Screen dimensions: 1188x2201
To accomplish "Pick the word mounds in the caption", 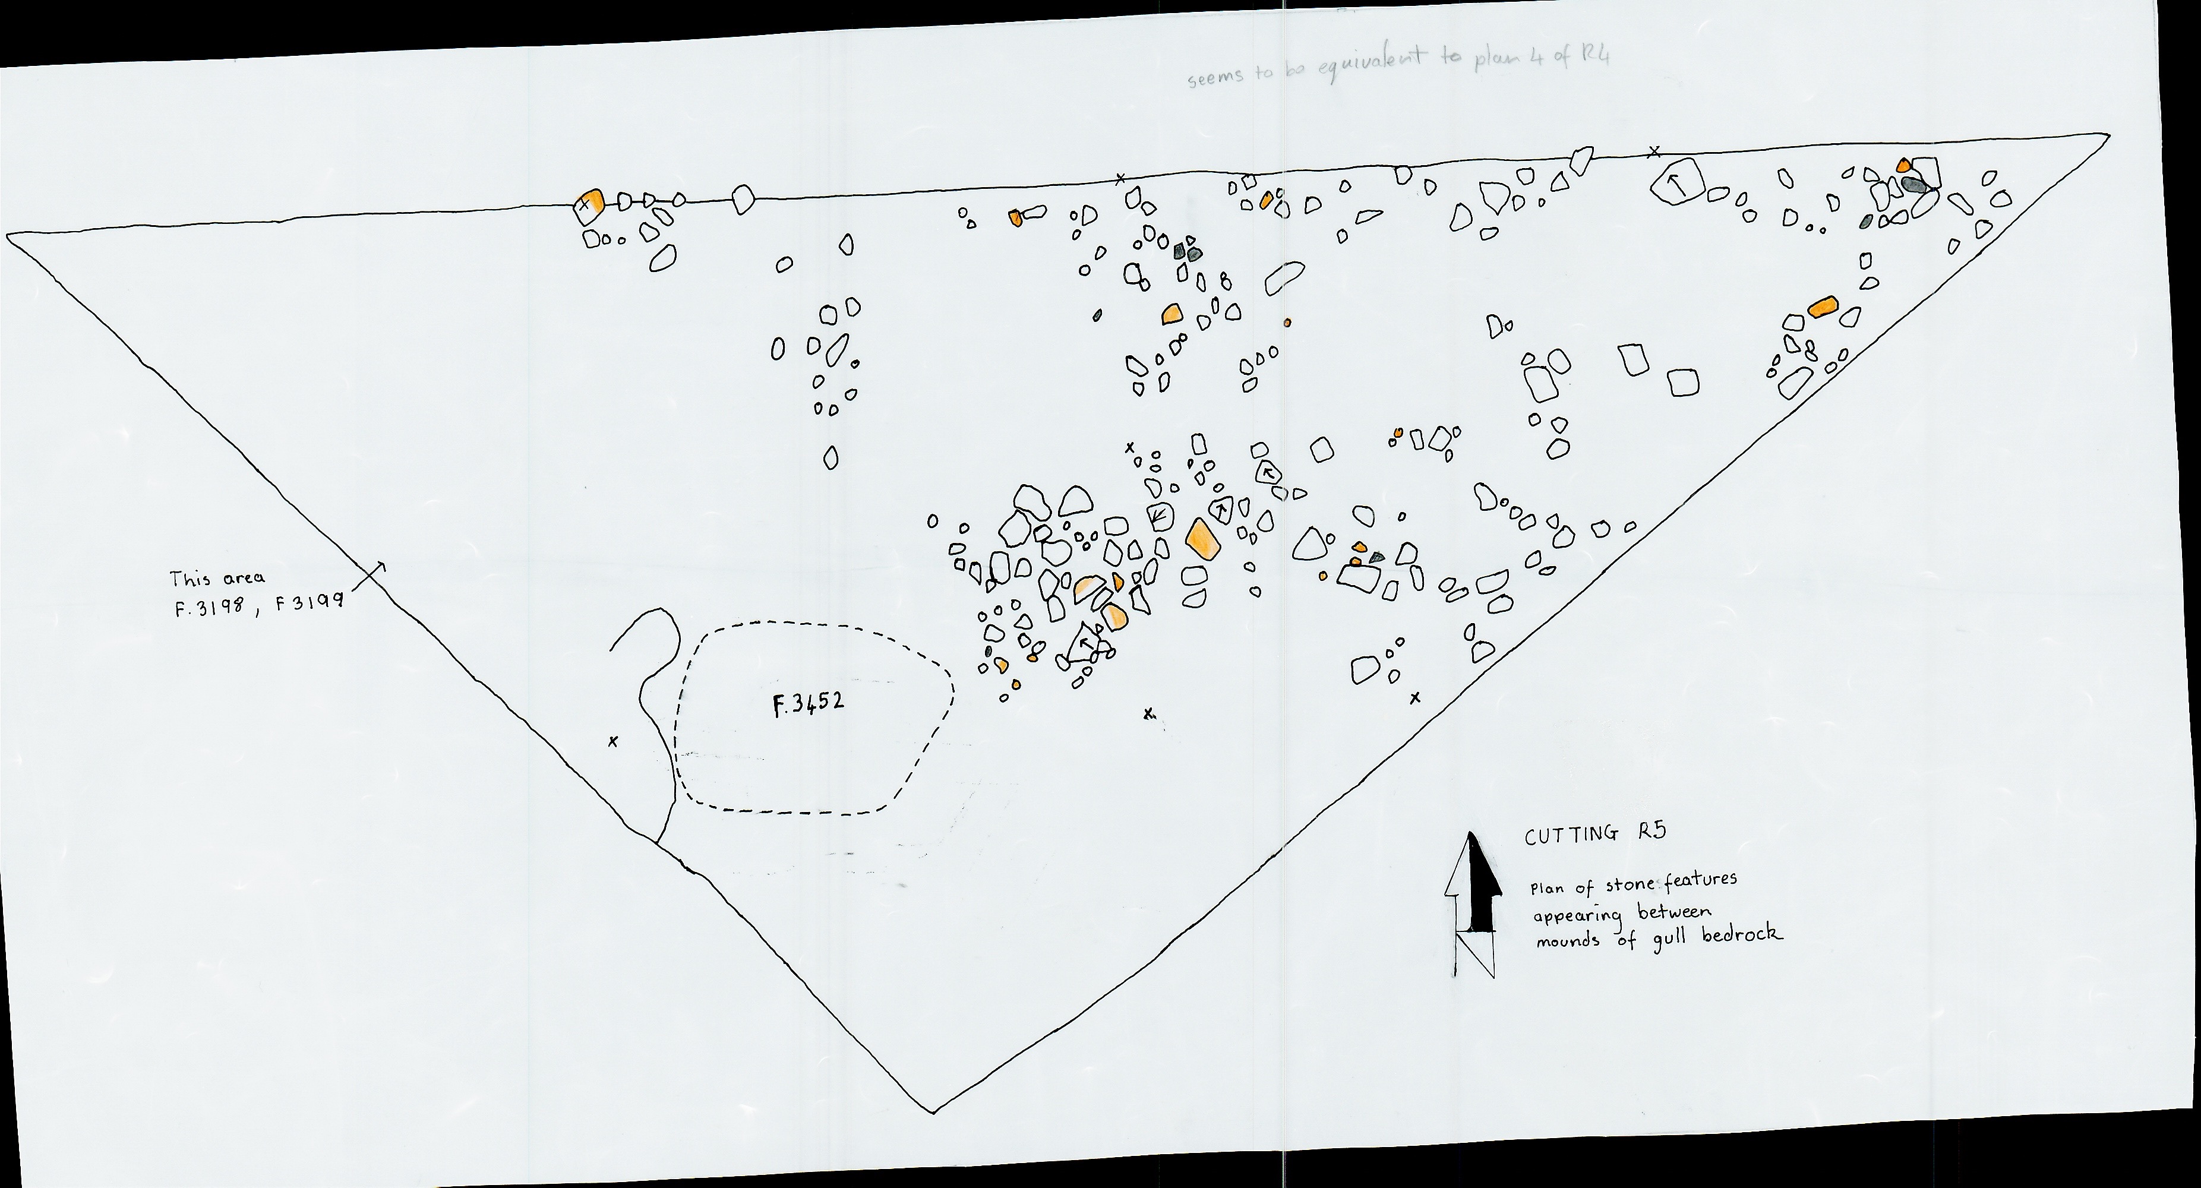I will (x=1568, y=941).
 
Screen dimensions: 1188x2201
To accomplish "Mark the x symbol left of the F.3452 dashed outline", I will (x=612, y=741).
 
